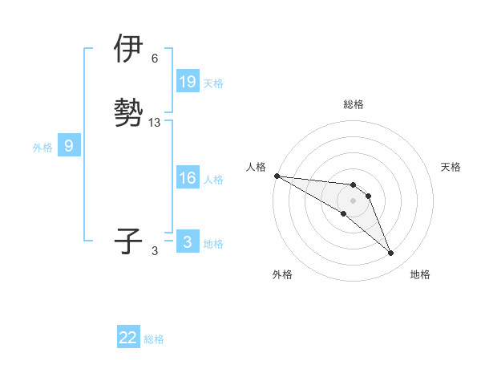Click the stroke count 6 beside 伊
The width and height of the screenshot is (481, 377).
(x=155, y=59)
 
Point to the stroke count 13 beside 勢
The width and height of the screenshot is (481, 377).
(x=155, y=123)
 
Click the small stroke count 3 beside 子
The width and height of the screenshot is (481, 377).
(x=155, y=251)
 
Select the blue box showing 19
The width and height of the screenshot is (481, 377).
(x=188, y=82)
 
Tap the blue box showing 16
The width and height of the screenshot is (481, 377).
(x=188, y=179)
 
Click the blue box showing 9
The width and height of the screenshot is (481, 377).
(x=69, y=146)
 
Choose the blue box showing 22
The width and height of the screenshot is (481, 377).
(x=128, y=338)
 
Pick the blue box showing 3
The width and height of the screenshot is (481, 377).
(x=188, y=241)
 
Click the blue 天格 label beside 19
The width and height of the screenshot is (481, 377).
(x=213, y=83)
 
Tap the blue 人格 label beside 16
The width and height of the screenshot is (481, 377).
(x=213, y=180)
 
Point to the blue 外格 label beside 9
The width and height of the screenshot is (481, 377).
(x=42, y=148)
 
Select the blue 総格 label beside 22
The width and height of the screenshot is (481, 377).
(x=154, y=339)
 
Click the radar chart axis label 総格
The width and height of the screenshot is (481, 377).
(x=354, y=104)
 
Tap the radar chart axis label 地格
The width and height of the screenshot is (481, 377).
(x=420, y=274)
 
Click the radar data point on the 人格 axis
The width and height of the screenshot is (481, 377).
(x=277, y=176)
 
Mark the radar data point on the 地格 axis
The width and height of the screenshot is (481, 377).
(x=391, y=253)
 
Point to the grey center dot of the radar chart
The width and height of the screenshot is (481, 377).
(x=354, y=200)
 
